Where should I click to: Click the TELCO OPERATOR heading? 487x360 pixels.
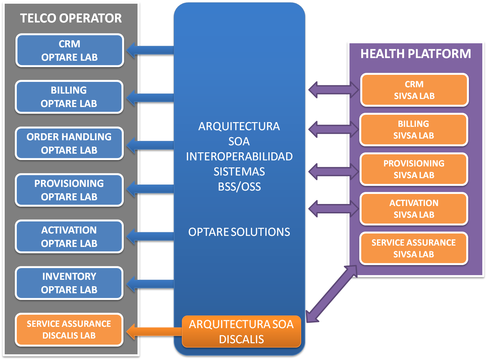(x=71, y=18)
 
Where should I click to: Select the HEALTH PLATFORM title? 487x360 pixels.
(x=416, y=54)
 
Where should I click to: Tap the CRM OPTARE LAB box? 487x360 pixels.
(x=69, y=50)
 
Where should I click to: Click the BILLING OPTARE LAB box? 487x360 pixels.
(x=69, y=97)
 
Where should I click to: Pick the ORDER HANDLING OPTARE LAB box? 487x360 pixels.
(x=69, y=144)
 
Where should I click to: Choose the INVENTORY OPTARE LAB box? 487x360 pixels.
(x=69, y=283)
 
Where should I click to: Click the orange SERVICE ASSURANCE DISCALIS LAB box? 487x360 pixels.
(x=69, y=329)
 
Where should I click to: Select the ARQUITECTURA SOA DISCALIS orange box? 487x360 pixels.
(x=241, y=331)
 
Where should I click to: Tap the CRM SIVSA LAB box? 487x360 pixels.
(x=414, y=90)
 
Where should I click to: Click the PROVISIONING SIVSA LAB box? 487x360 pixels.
(x=414, y=169)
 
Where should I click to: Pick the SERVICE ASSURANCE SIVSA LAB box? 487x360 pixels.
(x=414, y=248)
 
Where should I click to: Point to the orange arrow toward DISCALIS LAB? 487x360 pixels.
(x=153, y=331)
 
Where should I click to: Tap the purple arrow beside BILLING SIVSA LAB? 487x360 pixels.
(x=333, y=129)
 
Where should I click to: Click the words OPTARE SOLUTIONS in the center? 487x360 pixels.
(x=239, y=232)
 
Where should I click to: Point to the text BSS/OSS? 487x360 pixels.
(x=239, y=187)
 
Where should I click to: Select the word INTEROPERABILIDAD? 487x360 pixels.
(x=239, y=156)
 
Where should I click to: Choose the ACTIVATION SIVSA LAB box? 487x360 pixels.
(x=414, y=209)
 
